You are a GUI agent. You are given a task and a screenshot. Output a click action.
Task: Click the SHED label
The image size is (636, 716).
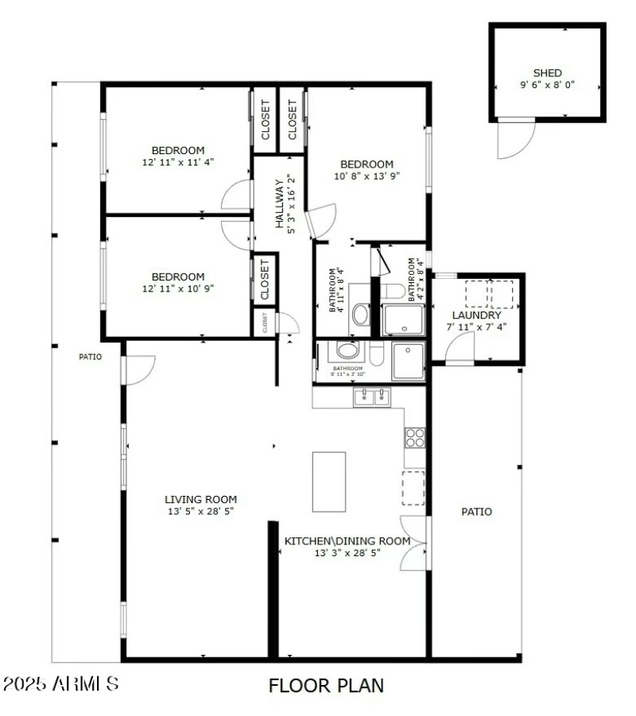[x=547, y=73]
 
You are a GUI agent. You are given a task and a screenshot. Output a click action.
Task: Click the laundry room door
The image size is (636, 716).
[x=459, y=347]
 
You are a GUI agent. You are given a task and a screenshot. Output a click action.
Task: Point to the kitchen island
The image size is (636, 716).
[x=328, y=482]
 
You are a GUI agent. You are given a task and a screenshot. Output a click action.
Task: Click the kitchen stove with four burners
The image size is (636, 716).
[x=415, y=436]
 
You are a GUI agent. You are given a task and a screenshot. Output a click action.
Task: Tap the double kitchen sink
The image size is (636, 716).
[x=372, y=396]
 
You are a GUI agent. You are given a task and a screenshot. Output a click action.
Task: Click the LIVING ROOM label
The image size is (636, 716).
[x=200, y=499]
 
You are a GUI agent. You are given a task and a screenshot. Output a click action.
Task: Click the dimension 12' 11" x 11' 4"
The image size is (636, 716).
[x=178, y=161]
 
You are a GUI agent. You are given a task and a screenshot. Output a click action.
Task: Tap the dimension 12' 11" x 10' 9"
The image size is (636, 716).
[x=178, y=288]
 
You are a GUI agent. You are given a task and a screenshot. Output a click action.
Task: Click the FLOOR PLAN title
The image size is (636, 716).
[x=326, y=685]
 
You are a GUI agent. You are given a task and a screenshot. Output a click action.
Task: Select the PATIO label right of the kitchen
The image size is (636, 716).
[x=477, y=512]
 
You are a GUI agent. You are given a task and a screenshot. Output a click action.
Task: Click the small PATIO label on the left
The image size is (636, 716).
[x=90, y=357]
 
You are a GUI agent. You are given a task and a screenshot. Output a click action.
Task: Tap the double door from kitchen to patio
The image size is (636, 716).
[x=415, y=544]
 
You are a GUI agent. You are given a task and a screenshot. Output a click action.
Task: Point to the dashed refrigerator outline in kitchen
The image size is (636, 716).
[x=413, y=488]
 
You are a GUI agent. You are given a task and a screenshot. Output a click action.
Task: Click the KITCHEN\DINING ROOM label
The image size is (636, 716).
[x=347, y=541]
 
